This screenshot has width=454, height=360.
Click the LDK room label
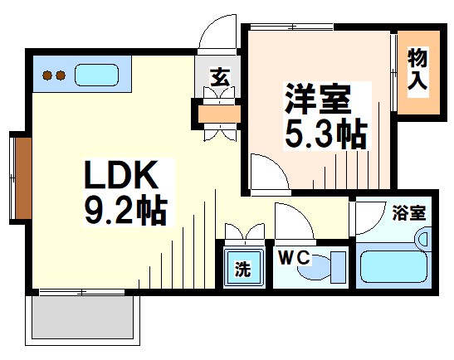coord(120,177)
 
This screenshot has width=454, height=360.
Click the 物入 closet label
coord(417,71)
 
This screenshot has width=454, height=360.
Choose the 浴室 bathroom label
coord(408,212)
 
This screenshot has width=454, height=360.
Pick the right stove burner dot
coord(61,77)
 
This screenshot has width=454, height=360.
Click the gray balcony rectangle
coord(83,320)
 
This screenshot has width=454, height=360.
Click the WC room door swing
coord(292,222)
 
